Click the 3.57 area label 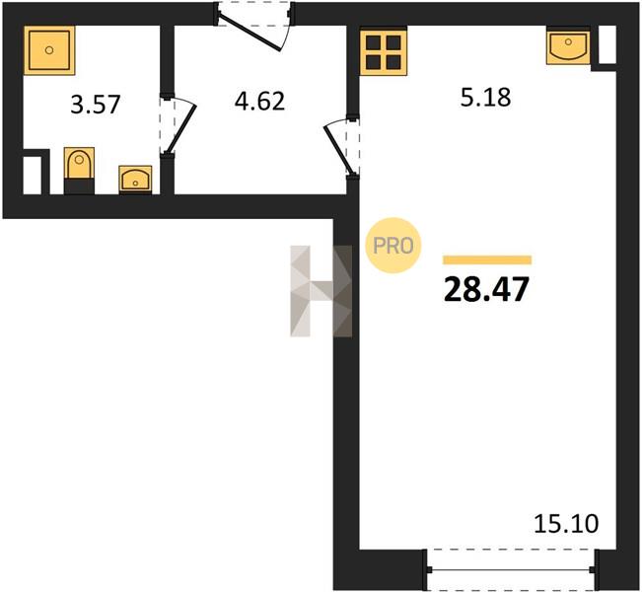pyautogui.click(x=95, y=105)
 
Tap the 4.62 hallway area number pyautogui.click(x=259, y=102)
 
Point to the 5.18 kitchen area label pyautogui.click(x=485, y=98)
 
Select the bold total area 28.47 pyautogui.click(x=486, y=289)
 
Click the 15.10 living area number pyautogui.click(x=566, y=524)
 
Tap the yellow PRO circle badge pyautogui.click(x=393, y=246)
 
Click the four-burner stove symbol pyautogui.click(x=384, y=51)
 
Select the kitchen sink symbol pyautogui.click(x=568, y=45)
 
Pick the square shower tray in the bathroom pyautogui.click(x=49, y=50)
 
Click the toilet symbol pyautogui.click(x=80, y=164)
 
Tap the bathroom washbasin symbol pyautogui.click(x=135, y=180)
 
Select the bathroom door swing pyautogui.click(x=178, y=125)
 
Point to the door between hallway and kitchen pyautogui.click(x=342, y=147)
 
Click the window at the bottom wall pyautogui.click(x=510, y=569)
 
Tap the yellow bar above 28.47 pyautogui.click(x=487, y=259)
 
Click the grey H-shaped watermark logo pyautogui.click(x=321, y=291)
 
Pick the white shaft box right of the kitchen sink pyautogui.click(x=607, y=44)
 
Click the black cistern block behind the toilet pyautogui.click(x=80, y=186)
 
